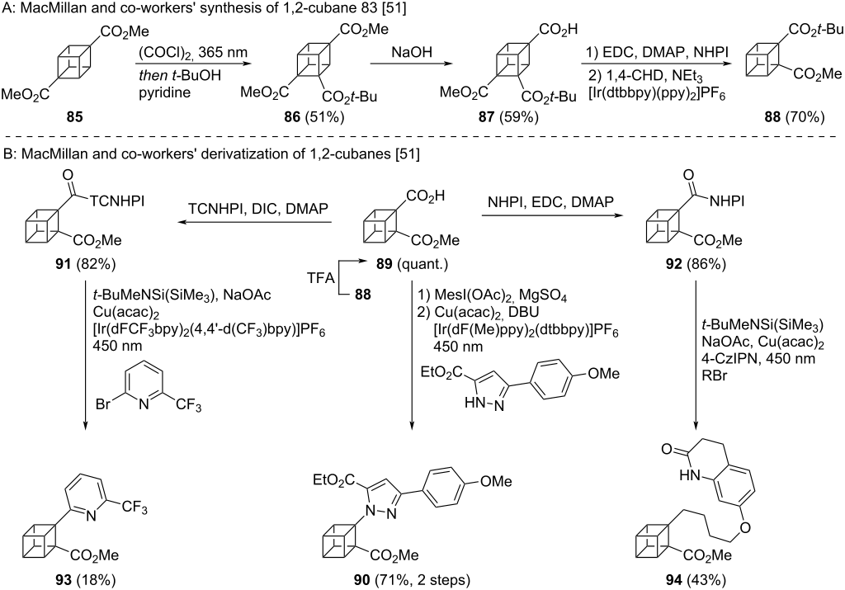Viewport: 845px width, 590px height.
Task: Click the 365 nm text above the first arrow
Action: (227, 49)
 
